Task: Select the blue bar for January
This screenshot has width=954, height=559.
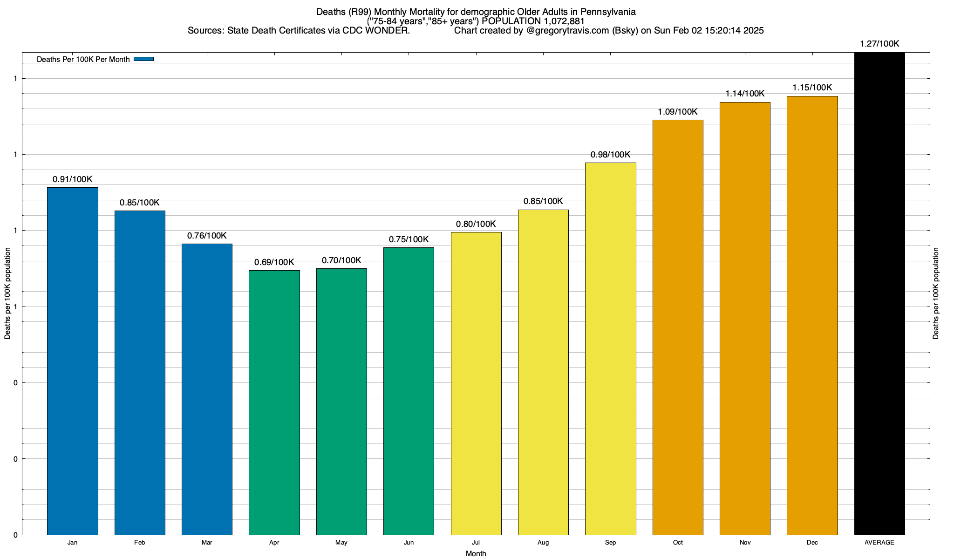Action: pyautogui.click(x=73, y=361)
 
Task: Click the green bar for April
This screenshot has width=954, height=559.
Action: pyautogui.click(x=274, y=402)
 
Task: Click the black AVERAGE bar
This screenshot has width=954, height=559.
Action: pyautogui.click(x=879, y=293)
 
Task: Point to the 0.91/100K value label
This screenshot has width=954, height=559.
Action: pyautogui.click(x=73, y=179)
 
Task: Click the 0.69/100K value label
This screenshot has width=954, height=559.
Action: pyautogui.click(x=274, y=262)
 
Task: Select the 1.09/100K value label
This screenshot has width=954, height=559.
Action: pyautogui.click(x=678, y=112)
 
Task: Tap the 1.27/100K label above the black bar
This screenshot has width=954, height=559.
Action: pyautogui.click(x=879, y=44)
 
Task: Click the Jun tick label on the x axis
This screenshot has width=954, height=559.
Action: pyautogui.click(x=409, y=543)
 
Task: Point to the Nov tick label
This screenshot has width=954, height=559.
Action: pyautogui.click(x=745, y=543)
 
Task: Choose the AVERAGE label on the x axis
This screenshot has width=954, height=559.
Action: pyautogui.click(x=879, y=543)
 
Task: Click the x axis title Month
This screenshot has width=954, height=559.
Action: pyautogui.click(x=476, y=554)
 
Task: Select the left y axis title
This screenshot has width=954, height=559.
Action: pyautogui.click(x=7, y=293)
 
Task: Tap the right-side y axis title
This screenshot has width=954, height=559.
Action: pyautogui.click(x=936, y=293)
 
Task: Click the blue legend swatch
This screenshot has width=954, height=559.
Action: pyautogui.click(x=143, y=59)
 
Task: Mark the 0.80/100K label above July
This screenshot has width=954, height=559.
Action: pyautogui.click(x=476, y=224)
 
